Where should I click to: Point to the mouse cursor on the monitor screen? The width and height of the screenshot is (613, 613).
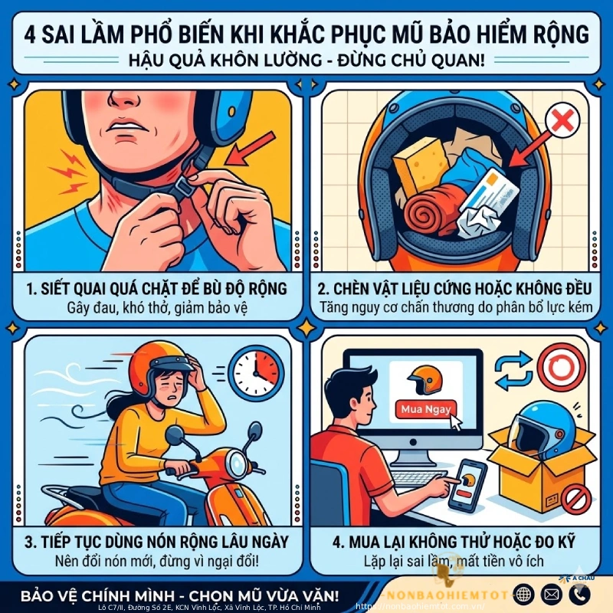[458, 421]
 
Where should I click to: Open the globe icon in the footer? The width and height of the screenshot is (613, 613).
[524, 594]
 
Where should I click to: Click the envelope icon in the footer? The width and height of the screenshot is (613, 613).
[552, 594]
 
